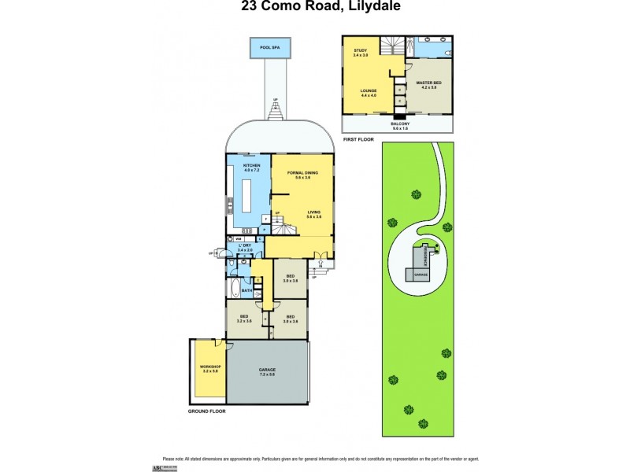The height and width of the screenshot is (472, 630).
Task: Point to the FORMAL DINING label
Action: pyautogui.click(x=302, y=173)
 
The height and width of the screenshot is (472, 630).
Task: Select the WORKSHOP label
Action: pyautogui.click(x=209, y=368)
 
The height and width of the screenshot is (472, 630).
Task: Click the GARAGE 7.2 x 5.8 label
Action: pyautogui.click(x=267, y=371)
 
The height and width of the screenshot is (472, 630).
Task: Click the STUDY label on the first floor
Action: pyautogui.click(x=360, y=53)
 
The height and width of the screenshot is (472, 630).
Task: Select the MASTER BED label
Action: pyautogui.click(x=428, y=84)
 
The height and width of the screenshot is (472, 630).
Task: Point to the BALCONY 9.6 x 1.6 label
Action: pyautogui.click(x=401, y=125)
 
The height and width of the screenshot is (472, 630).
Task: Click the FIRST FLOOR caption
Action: pyautogui.click(x=359, y=138)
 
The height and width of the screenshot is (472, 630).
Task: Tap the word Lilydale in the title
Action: pyautogui.click(x=365, y=8)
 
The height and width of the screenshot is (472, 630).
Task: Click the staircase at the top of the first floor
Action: pyautogui.click(x=391, y=46)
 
